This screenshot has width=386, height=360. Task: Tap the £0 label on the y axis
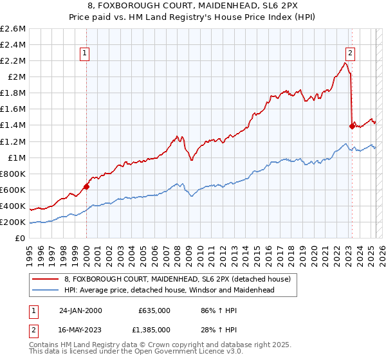(21, 239)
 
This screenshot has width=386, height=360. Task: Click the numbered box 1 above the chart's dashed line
(85, 54)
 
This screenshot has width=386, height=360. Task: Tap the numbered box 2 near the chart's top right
(350, 54)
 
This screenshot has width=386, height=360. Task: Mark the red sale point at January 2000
(86, 187)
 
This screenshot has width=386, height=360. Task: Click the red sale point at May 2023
(352, 126)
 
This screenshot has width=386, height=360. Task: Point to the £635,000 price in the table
(154, 310)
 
